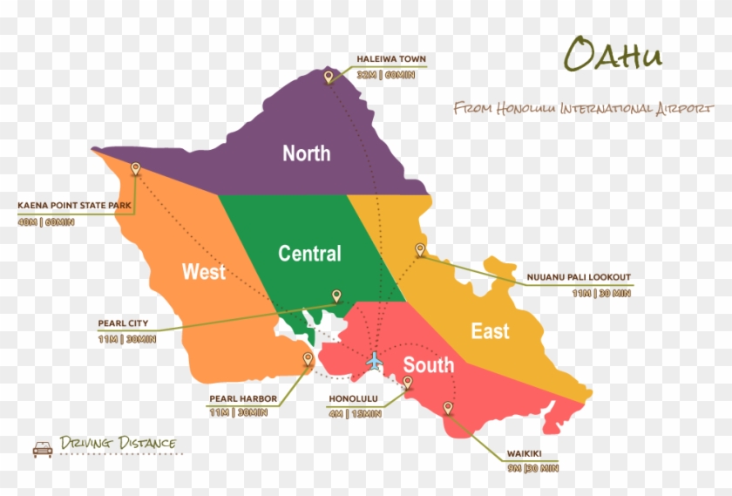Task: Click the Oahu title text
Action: pyautogui.click(x=613, y=54)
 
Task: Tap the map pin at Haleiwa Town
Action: pyautogui.click(x=329, y=78)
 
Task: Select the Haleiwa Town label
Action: pyautogui.click(x=391, y=59)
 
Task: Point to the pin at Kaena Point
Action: pyautogui.click(x=135, y=169)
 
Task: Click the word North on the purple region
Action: pyautogui.click(x=306, y=153)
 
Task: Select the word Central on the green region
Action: pyautogui.click(x=309, y=254)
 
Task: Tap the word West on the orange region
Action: pyautogui.click(x=203, y=272)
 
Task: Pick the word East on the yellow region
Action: pyautogui.click(x=490, y=331)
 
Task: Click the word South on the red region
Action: pyautogui.click(x=428, y=365)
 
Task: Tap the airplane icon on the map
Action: pyautogui.click(x=375, y=360)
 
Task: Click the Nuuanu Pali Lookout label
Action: pyautogui.click(x=578, y=278)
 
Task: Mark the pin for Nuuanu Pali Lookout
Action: pyautogui.click(x=420, y=250)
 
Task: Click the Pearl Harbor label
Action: pyautogui.click(x=243, y=398)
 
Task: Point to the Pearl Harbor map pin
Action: pyautogui.click(x=307, y=359)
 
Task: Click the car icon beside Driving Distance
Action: pyautogui.click(x=42, y=448)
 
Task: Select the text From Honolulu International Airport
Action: pyautogui.click(x=577, y=108)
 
